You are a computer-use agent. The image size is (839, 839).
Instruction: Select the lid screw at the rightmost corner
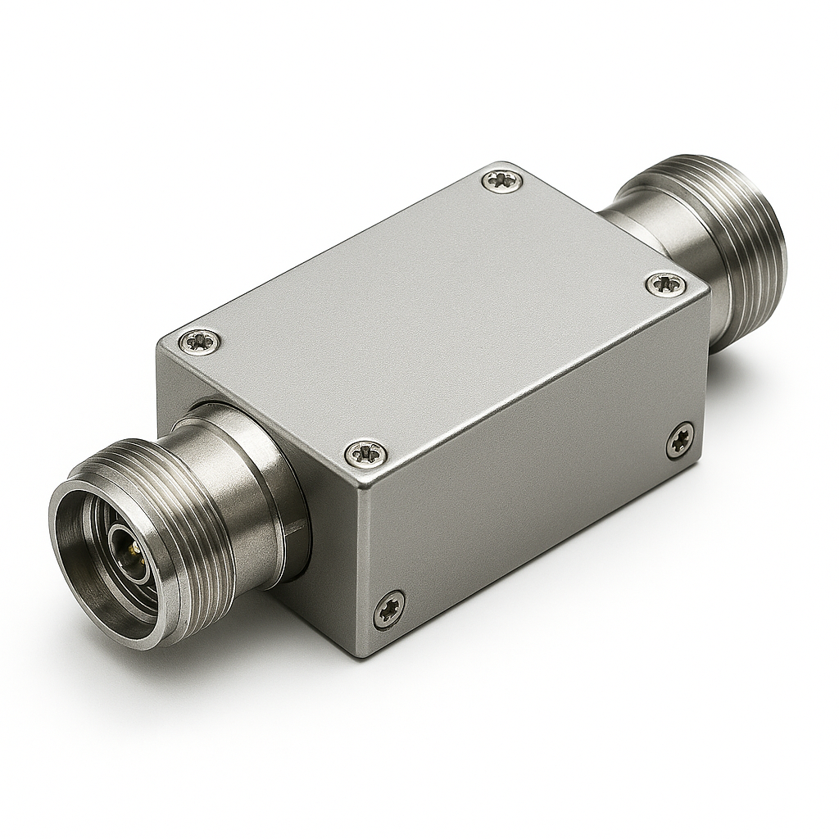click(665, 285)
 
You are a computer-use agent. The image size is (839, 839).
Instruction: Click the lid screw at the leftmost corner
click(200, 340)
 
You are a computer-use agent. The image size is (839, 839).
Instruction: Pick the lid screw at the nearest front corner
click(365, 452)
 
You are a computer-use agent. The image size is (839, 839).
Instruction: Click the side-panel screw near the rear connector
click(679, 440)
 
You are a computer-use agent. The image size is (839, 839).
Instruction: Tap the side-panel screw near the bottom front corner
click(388, 610)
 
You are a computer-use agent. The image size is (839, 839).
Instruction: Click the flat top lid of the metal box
click(426, 311)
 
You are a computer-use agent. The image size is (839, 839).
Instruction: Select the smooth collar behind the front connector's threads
click(238, 459)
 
